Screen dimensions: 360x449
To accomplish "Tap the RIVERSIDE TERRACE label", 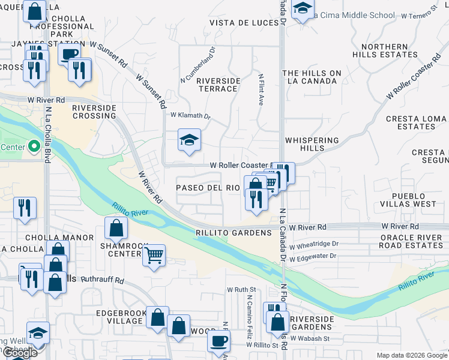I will pyautogui.click(x=218, y=85).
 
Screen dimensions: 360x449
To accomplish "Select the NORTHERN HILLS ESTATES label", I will pyautogui.click(x=385, y=50).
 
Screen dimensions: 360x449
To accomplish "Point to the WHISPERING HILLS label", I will pyautogui.click(x=312, y=145).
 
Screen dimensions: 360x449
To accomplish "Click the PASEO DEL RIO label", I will pyautogui.click(x=208, y=188).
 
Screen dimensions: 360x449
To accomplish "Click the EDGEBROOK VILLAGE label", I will pyautogui.click(x=119, y=317).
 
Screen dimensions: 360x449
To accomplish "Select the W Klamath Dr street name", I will pyautogui.click(x=191, y=115).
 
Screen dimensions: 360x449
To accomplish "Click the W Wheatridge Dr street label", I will pyautogui.click(x=314, y=244).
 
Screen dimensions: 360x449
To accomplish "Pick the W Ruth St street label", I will pyautogui.click(x=241, y=289).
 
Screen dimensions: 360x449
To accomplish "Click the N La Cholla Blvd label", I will pyautogui.click(x=47, y=135).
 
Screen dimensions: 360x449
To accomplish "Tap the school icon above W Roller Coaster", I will pyautogui.click(x=189, y=141).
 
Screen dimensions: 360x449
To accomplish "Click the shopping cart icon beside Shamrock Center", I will pyautogui.click(x=154, y=255).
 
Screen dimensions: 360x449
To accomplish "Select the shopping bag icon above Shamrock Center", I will pyautogui.click(x=116, y=229).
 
